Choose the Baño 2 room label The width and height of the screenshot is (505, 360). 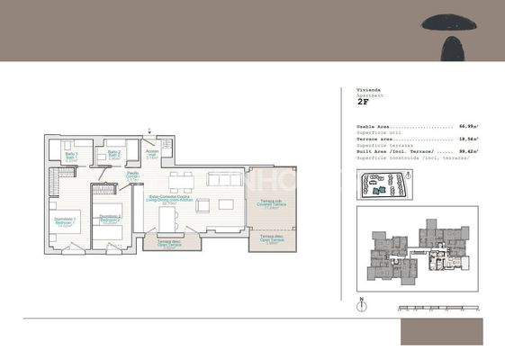point(113,154)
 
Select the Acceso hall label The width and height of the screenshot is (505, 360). point(152,153)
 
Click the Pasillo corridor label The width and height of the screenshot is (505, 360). point(132,175)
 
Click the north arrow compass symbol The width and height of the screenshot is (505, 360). point(360,303)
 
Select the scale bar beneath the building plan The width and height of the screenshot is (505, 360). point(437,309)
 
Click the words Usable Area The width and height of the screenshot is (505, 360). point(373,127)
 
